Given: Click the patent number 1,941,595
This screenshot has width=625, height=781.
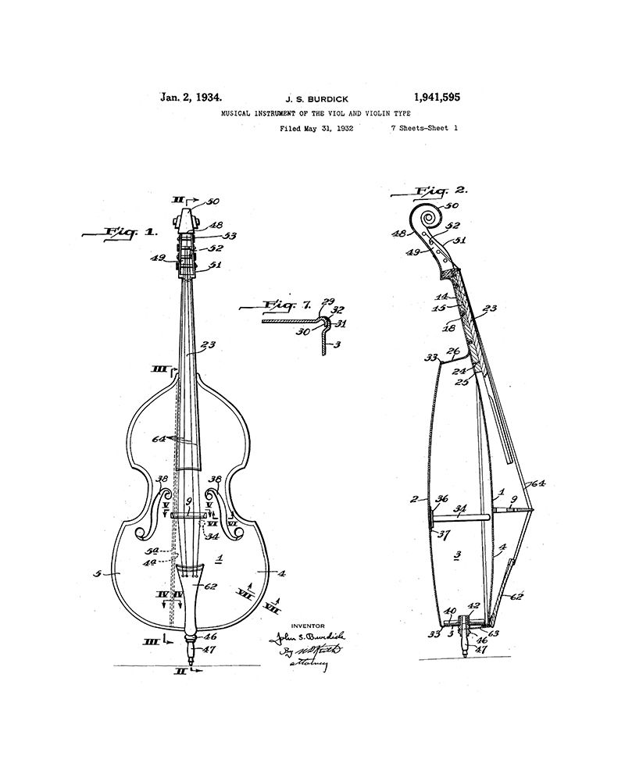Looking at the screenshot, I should point(429,98).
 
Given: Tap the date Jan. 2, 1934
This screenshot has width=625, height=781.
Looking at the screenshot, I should point(191,98).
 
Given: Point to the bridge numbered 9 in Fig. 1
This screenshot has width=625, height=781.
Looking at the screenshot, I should point(189,515).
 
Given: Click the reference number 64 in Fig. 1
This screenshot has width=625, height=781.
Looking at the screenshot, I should point(159,439).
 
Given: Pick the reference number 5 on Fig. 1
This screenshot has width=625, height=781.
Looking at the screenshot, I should point(97,573).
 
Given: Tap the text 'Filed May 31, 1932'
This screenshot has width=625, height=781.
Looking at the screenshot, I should point(316,128).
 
